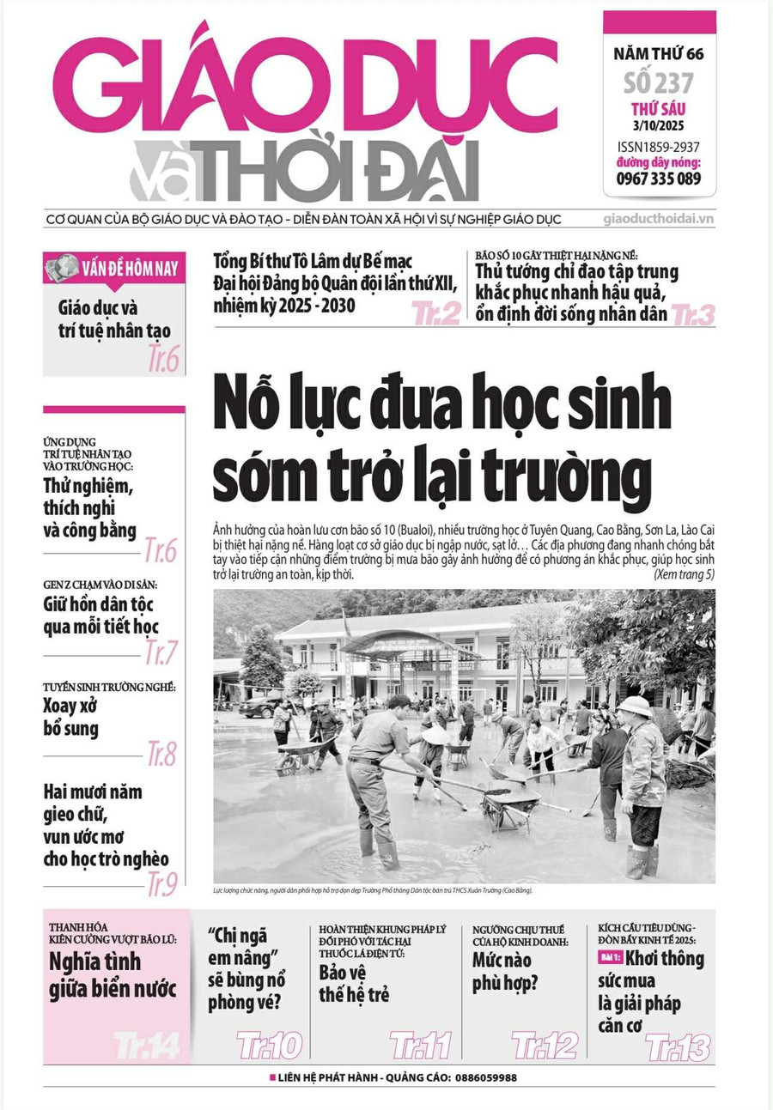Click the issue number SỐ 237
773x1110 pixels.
(659, 83)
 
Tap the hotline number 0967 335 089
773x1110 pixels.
(659, 179)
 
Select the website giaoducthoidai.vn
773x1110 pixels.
(659, 219)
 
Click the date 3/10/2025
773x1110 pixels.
(659, 126)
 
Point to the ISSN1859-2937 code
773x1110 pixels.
(659, 146)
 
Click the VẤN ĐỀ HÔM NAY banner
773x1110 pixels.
(114, 268)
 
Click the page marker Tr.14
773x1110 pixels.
(147, 1045)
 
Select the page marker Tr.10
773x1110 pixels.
(269, 1045)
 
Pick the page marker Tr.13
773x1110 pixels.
(678, 1046)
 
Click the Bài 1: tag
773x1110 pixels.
(609, 958)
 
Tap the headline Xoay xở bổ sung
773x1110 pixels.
(71, 718)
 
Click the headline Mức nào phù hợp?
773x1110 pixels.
(504, 971)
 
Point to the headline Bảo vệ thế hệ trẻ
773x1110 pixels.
(354, 984)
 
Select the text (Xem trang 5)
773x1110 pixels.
(684, 574)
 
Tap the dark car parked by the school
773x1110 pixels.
(260, 707)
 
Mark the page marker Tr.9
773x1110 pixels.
(161, 883)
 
